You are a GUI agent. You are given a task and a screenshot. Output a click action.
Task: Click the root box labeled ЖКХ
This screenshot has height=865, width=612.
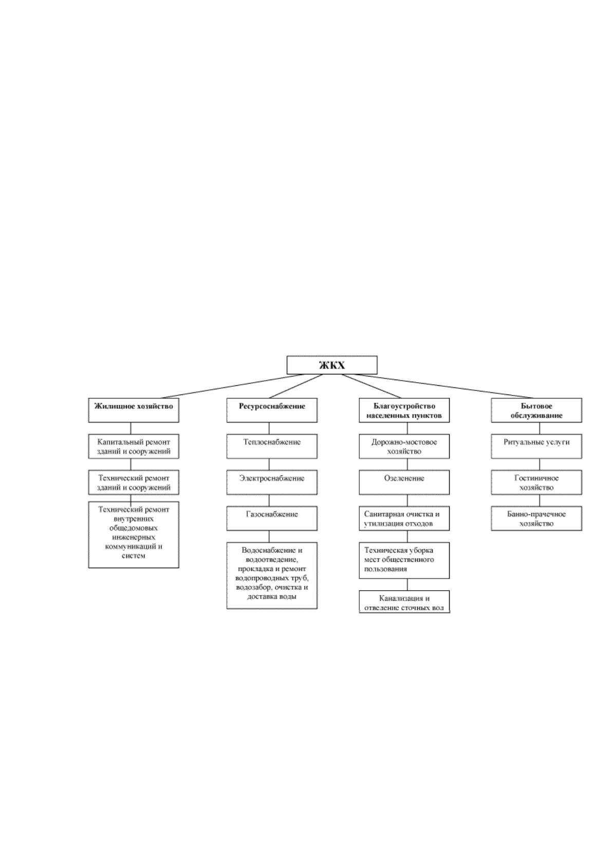(x=331, y=365)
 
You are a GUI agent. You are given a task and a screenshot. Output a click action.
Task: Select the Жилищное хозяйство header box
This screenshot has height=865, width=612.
(x=133, y=410)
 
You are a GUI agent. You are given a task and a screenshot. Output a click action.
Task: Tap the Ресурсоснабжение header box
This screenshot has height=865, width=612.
(x=272, y=410)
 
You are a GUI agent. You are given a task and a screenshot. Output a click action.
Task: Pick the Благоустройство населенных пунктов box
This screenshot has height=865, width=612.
(x=404, y=410)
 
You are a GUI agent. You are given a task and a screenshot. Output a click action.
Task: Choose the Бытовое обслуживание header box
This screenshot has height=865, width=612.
(x=536, y=410)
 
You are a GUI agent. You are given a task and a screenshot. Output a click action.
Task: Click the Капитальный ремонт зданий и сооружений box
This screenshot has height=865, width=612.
(x=133, y=446)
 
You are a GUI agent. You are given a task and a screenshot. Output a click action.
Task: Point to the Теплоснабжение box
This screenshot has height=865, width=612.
(x=272, y=446)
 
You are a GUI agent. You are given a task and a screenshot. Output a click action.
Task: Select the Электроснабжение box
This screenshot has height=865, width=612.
(x=272, y=482)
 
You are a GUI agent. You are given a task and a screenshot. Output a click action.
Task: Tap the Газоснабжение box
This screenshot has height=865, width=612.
(x=272, y=518)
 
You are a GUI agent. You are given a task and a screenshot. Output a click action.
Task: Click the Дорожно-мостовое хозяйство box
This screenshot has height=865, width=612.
(x=404, y=446)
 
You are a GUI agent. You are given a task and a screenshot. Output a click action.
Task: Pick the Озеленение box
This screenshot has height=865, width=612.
(x=404, y=482)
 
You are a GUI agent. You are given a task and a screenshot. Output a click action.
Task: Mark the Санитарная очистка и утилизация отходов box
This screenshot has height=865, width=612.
(x=404, y=518)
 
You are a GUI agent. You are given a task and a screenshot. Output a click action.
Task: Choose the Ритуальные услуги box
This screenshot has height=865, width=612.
(x=536, y=446)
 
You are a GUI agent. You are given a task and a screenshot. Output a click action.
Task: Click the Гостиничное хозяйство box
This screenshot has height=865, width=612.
(x=536, y=482)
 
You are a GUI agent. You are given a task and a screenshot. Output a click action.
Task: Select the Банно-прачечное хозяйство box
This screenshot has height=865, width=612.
(x=536, y=518)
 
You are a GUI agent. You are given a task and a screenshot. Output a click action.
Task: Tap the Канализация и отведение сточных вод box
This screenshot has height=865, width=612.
(x=404, y=601)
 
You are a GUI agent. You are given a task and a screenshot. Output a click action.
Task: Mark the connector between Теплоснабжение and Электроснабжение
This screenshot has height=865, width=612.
(x=269, y=464)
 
